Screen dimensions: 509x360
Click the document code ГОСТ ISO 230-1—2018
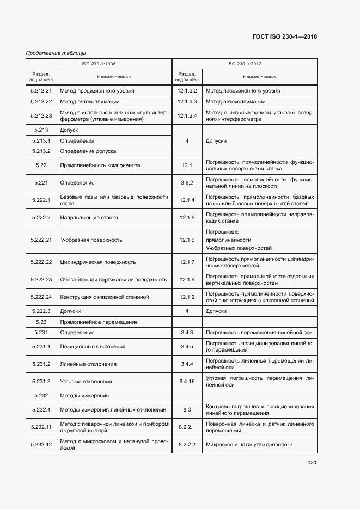click(x=285, y=37)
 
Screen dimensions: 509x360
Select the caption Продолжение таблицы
click(x=56, y=53)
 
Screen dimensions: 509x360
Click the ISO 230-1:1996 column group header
click(x=98, y=64)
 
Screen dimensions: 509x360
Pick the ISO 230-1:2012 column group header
click(x=244, y=64)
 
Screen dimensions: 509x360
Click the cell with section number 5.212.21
click(x=41, y=90)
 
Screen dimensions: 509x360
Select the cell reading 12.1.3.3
click(x=187, y=101)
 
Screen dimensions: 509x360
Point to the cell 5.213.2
click(x=41, y=151)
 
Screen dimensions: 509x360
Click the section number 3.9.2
click(x=187, y=182)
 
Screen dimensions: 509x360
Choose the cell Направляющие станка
click(x=88, y=218)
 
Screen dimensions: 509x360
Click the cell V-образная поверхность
click(x=91, y=240)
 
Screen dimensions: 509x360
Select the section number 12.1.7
click(x=187, y=262)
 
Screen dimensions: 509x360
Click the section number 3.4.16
click(x=187, y=381)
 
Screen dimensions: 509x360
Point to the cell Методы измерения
click(x=84, y=395)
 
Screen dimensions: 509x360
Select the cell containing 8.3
click(x=187, y=409)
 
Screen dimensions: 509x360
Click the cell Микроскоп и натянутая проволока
click(x=249, y=445)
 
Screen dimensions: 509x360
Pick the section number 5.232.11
click(x=41, y=427)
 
